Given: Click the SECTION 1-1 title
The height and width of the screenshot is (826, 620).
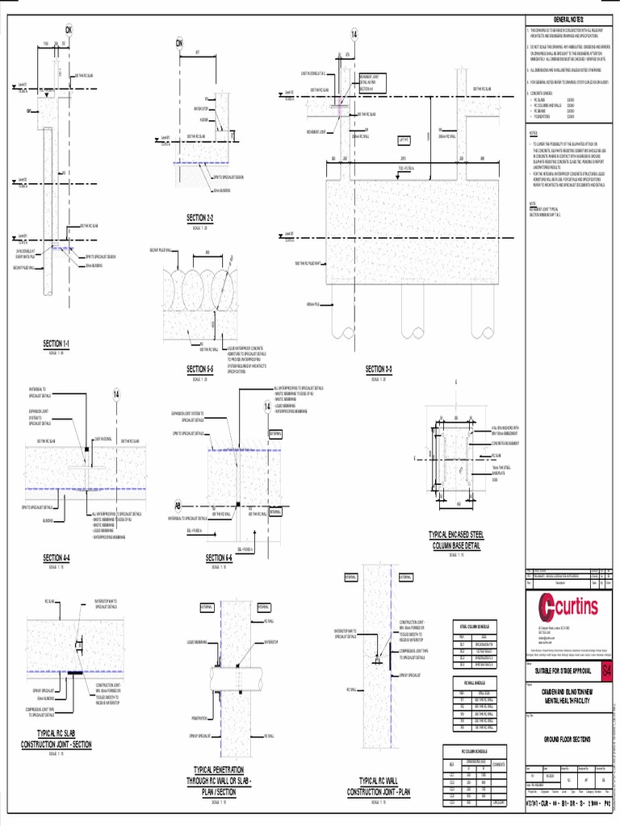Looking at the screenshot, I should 57,344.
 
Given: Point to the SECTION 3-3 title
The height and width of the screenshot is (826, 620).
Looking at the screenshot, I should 379,369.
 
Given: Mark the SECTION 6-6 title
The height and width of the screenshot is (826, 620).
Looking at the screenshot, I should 219,557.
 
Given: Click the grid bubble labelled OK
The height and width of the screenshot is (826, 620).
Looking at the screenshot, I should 69,31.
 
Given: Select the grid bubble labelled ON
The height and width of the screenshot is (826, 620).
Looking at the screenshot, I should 180,43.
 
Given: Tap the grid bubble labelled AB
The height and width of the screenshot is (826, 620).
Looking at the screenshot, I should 178,506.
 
